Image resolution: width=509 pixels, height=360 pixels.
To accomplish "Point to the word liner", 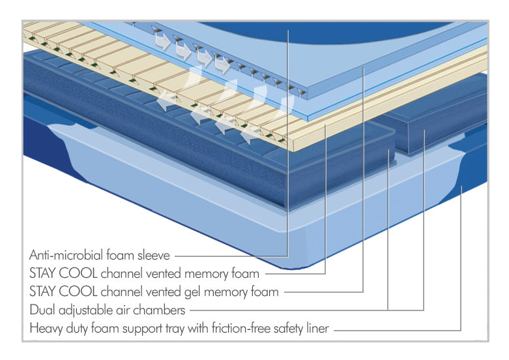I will (315, 327).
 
